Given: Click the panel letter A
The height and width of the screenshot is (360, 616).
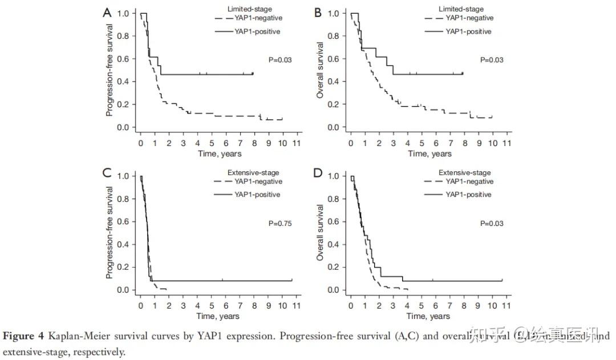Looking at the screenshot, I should [x=107, y=13].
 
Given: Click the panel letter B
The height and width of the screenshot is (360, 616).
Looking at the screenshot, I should [x=318, y=13].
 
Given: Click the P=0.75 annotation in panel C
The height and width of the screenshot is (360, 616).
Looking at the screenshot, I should [x=280, y=224].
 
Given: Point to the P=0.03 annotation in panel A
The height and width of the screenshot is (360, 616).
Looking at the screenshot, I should [x=280, y=60].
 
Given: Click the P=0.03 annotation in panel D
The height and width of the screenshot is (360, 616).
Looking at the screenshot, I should [x=491, y=224].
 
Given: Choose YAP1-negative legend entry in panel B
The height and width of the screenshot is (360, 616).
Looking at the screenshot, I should [x=469, y=18].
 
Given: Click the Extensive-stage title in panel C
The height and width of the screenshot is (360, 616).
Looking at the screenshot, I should [x=253, y=173].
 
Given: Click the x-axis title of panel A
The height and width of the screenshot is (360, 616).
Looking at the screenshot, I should [x=220, y=153].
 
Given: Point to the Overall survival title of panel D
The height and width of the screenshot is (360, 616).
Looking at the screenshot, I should [x=321, y=233].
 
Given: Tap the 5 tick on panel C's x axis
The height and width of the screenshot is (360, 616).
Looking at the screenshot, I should [x=212, y=305].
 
